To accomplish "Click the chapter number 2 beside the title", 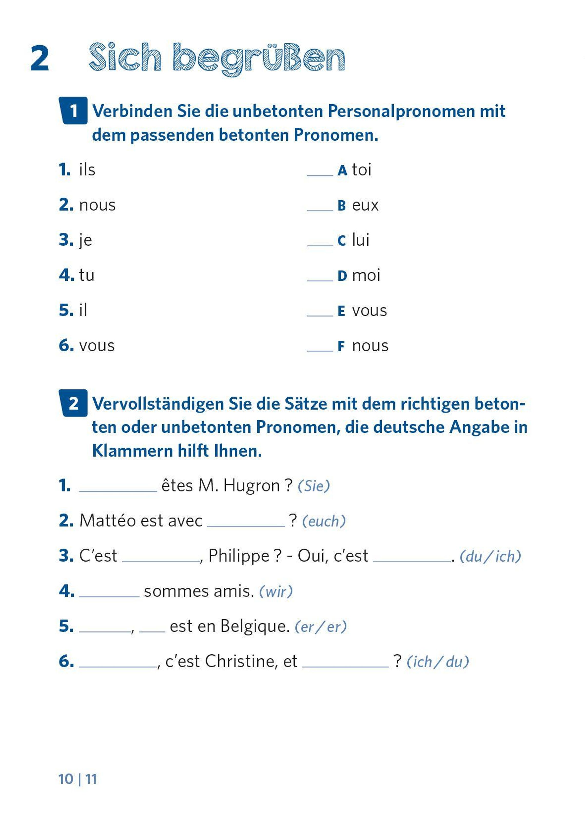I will click(40, 58).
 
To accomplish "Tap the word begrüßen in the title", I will click(259, 58).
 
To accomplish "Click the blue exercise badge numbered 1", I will click(73, 111).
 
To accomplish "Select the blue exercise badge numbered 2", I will click(73, 403).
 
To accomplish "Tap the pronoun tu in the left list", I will click(87, 275).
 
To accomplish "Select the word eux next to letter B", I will click(365, 205).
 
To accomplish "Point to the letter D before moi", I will click(342, 276).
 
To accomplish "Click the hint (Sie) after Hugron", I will click(314, 486).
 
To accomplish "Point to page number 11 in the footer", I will click(91, 779).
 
